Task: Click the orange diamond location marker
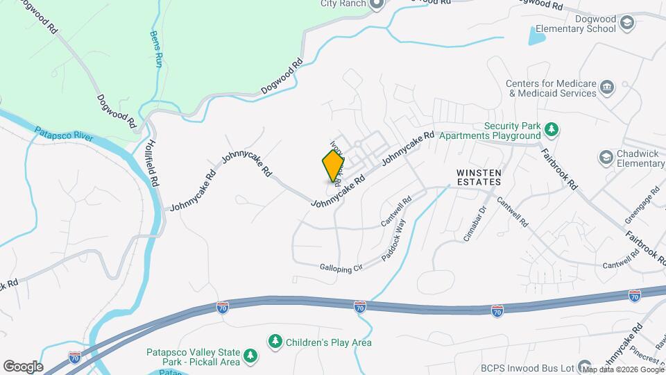(334, 166)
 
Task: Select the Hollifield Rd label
(152, 160)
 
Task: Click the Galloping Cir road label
(342, 267)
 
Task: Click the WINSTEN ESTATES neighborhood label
(479, 176)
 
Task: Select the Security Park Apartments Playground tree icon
(552, 129)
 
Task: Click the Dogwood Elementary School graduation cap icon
(627, 24)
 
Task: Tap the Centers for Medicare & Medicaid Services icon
(607, 87)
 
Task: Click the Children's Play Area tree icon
(275, 342)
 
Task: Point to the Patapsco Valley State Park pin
(250, 357)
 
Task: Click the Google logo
(22, 366)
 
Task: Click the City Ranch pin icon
(377, 4)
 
